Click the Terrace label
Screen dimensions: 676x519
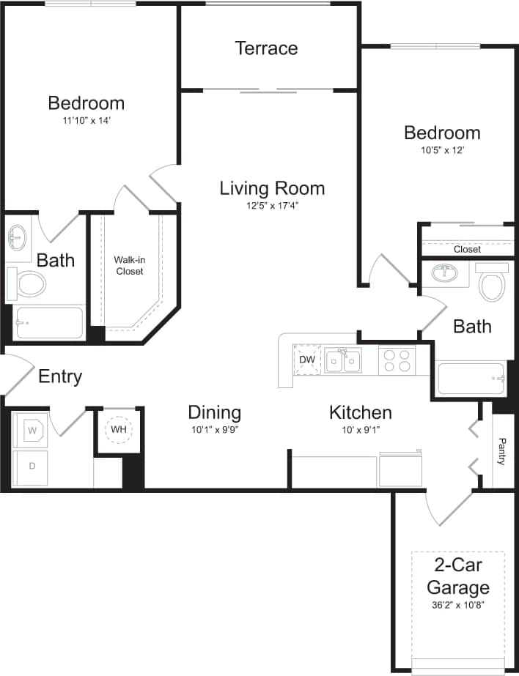(266, 48)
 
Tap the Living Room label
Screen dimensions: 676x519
(272, 188)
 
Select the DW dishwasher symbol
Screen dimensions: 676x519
(306, 360)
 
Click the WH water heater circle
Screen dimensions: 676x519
(119, 429)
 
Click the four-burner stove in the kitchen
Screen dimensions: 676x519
(397, 360)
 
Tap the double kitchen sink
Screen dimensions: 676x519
(342, 360)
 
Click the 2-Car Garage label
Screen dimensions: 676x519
(457, 576)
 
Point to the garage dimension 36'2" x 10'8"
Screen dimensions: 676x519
(457, 605)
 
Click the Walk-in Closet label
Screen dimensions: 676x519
(128, 265)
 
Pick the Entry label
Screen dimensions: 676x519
(60, 377)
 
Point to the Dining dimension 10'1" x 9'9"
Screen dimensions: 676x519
(214, 430)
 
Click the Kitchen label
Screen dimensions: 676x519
(360, 412)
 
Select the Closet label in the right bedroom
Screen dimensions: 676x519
(467, 249)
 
